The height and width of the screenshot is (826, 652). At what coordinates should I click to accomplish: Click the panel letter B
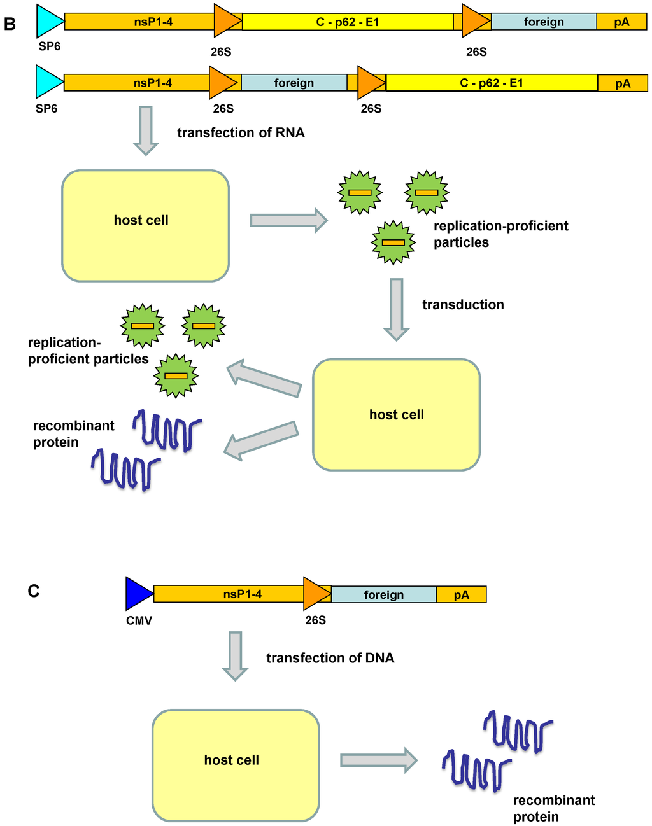pyautogui.click(x=10, y=24)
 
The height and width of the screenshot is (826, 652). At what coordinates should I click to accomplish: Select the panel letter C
pyautogui.click(x=34, y=591)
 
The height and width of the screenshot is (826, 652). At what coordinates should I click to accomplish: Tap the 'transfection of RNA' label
pyautogui.click(x=241, y=133)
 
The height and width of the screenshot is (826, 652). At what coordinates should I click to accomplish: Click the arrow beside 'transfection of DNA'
pyautogui.click(x=235, y=655)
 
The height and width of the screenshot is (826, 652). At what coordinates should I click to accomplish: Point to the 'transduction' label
pyautogui.click(x=463, y=305)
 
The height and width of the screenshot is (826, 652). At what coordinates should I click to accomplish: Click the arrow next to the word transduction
pyautogui.click(x=396, y=309)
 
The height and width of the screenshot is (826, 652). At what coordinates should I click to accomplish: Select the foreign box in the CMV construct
pyautogui.click(x=383, y=594)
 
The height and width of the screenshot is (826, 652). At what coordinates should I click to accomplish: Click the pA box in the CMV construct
pyautogui.click(x=461, y=594)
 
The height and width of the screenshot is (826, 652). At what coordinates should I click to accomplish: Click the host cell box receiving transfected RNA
pyautogui.click(x=145, y=225)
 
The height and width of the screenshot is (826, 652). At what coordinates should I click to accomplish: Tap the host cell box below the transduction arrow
pyautogui.click(x=396, y=414)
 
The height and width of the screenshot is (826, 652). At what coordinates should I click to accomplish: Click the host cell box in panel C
pyautogui.click(x=235, y=765)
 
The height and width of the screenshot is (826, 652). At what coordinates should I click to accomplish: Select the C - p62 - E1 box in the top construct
pyautogui.click(x=348, y=22)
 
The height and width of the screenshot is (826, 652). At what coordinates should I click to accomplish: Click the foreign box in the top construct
pyautogui.click(x=544, y=22)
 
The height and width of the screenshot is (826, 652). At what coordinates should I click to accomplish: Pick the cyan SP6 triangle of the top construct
pyautogui.click(x=48, y=20)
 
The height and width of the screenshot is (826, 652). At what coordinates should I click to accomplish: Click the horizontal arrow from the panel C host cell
pyautogui.click(x=378, y=760)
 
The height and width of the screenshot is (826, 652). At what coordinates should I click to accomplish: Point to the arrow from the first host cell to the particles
pyautogui.click(x=288, y=220)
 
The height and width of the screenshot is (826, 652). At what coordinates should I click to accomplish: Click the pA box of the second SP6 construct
pyautogui.click(x=623, y=83)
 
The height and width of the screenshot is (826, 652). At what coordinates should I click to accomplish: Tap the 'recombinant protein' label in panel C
pyautogui.click(x=553, y=808)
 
